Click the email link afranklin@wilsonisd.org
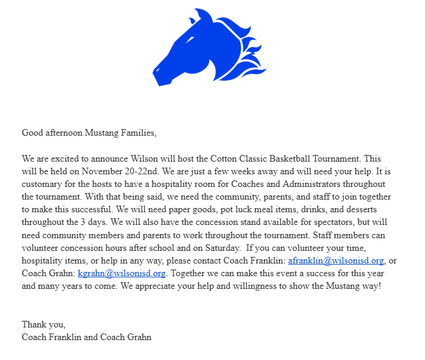336,261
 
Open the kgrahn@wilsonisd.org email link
121,273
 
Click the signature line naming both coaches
86,337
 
